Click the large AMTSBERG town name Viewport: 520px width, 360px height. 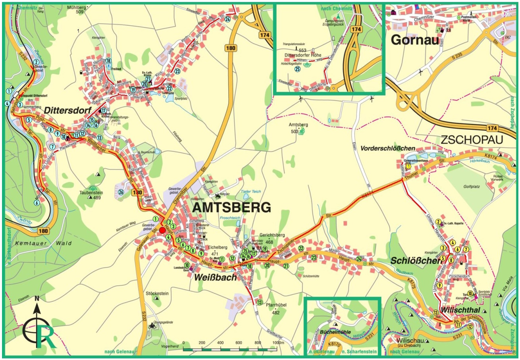(232, 208)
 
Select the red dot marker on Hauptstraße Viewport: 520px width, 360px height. (162, 231)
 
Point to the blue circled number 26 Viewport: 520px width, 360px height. (121, 193)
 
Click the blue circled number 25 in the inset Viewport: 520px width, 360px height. (297, 68)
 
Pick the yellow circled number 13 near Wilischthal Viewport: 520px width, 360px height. (435, 312)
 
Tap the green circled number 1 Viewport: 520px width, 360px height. (156, 219)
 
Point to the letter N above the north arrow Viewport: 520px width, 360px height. (37, 299)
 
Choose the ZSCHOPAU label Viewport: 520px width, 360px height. (472, 140)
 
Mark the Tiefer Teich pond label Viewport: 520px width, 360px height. (250, 191)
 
